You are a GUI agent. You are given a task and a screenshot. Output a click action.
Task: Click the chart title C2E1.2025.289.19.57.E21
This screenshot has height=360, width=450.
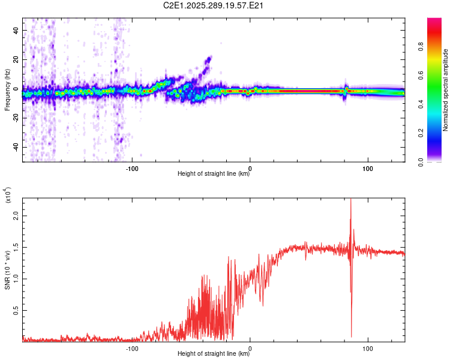[214, 6]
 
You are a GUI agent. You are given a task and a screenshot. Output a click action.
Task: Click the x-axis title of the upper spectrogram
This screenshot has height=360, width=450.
[214, 174]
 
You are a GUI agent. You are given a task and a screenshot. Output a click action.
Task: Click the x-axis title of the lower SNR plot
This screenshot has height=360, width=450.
[214, 353]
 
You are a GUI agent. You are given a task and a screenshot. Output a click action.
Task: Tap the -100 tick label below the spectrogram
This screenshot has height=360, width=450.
[133, 168]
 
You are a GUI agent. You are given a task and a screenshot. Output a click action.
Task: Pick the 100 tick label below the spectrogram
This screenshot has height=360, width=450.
[367, 168]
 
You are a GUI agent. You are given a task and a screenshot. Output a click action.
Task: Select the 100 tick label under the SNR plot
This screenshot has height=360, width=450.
[367, 348]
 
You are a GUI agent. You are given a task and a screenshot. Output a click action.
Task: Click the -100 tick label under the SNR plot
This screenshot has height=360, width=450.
[133, 348]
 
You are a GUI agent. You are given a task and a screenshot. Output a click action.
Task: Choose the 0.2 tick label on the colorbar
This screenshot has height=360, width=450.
[437, 133]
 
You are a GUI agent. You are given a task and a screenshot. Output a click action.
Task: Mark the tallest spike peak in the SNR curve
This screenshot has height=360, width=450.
[350, 200]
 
